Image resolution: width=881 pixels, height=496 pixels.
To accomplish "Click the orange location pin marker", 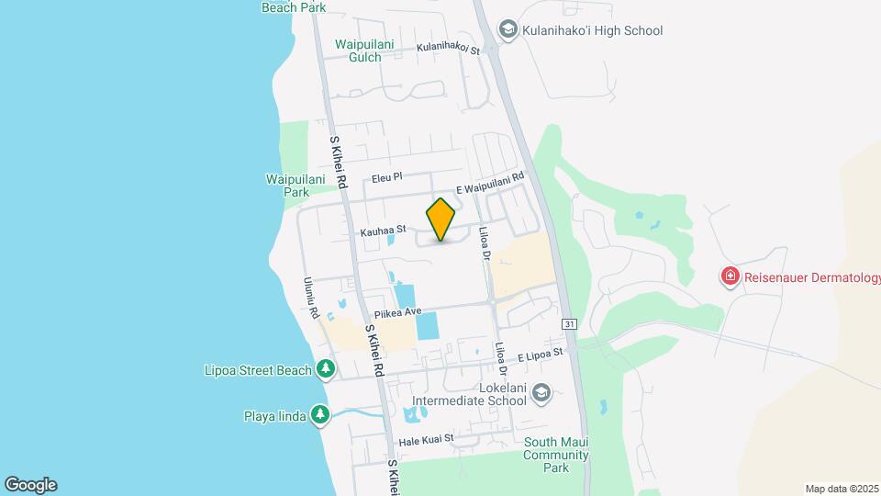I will pyautogui.click(x=441, y=220).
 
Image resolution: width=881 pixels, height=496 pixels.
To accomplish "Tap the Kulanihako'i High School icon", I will pyautogui.click(x=507, y=30).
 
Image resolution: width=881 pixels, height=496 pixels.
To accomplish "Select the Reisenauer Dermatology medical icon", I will pyautogui.click(x=730, y=276).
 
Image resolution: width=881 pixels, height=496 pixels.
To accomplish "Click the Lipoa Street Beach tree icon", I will pyautogui.click(x=325, y=370).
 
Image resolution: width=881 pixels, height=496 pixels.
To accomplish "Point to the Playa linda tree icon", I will pyautogui.click(x=319, y=415).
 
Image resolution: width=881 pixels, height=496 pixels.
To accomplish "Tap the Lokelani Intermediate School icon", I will pyautogui.click(x=541, y=393).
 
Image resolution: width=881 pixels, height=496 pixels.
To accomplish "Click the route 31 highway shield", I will pyautogui.click(x=569, y=324).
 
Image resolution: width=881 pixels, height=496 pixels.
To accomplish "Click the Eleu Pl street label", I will pyautogui.click(x=387, y=176).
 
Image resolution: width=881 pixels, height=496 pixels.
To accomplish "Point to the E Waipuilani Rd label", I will pyautogui.click(x=489, y=184).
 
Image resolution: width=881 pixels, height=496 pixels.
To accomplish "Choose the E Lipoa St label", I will pyautogui.click(x=540, y=355).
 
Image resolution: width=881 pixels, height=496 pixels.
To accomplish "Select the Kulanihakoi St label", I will pyautogui.click(x=449, y=48).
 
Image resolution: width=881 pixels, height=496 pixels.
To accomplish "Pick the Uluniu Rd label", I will pyautogui.click(x=313, y=299).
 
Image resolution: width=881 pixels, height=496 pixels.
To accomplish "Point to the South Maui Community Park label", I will pyautogui.click(x=556, y=455).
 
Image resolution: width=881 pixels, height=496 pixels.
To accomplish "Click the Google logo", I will pyautogui.click(x=30, y=485).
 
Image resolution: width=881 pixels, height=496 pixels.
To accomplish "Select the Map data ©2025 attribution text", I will pyautogui.click(x=840, y=489).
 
